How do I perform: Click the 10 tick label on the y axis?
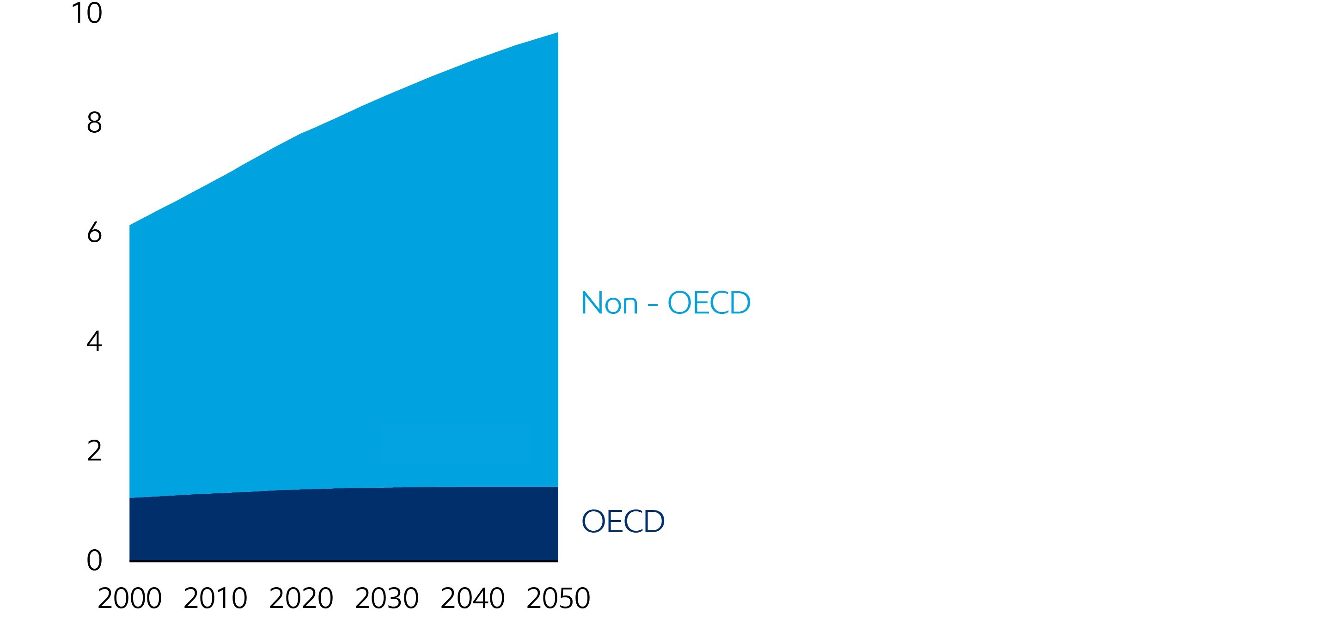tap(87, 13)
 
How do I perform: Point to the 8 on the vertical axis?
tap(94, 123)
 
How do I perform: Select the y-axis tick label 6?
tap(94, 233)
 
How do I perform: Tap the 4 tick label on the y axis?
tap(94, 342)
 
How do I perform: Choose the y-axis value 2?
tap(94, 451)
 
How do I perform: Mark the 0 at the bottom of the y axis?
tap(94, 560)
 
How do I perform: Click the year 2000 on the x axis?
tap(130, 599)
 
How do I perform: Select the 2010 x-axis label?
tap(215, 599)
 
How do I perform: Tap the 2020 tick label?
tap(301, 599)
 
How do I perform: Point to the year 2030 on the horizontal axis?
tap(387, 599)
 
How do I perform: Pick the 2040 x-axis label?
tap(473, 599)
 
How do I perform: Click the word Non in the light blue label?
tap(610, 303)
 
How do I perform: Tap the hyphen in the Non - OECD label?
tap(653, 305)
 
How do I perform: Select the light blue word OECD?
tap(709, 303)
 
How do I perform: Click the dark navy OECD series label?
tap(623, 521)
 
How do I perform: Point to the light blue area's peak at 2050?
tap(557, 34)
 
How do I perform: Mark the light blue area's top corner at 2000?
tap(130, 226)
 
